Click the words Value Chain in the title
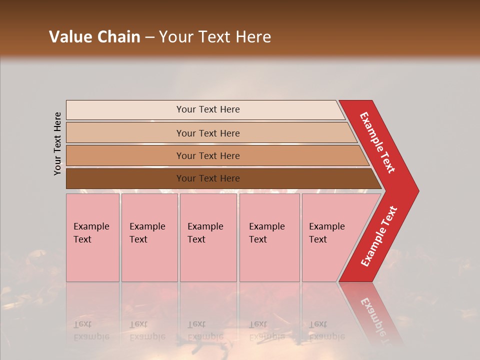click(x=94, y=37)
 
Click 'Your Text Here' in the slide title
click(x=215, y=37)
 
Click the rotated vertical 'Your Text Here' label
click(x=57, y=143)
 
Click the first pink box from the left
click(x=92, y=237)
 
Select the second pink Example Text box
click(x=149, y=237)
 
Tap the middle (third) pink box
click(x=208, y=237)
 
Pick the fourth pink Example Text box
click(x=269, y=237)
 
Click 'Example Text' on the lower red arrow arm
click(x=379, y=236)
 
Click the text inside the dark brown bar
click(x=208, y=178)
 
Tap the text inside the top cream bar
click(x=208, y=109)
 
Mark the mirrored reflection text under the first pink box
click(x=91, y=330)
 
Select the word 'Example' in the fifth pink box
click(x=326, y=226)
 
